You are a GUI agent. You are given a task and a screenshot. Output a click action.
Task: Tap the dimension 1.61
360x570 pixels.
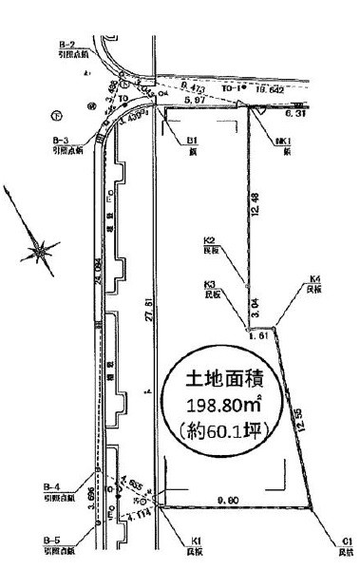(x=255, y=335)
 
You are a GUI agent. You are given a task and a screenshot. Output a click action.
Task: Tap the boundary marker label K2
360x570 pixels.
(x=212, y=240)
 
